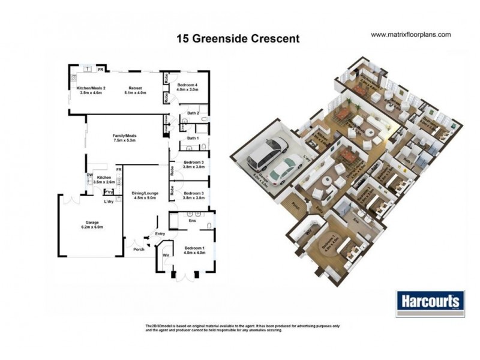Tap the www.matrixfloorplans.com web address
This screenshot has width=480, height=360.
[x=410, y=35]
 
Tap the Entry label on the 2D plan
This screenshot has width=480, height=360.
[x=160, y=234]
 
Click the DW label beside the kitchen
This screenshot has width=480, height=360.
[x=89, y=175]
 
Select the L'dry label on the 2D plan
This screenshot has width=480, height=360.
[x=109, y=201]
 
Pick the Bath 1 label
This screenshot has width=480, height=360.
[x=193, y=139]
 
